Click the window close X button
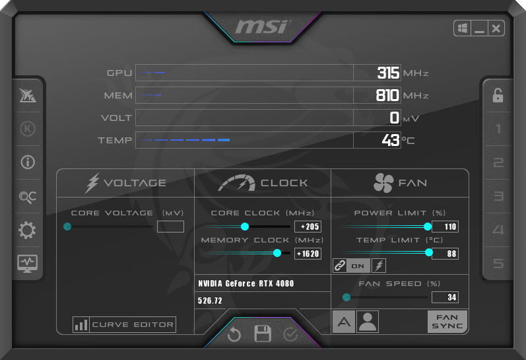[496, 28]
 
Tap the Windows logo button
[463, 28]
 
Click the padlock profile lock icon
[498, 95]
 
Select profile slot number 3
[498, 196]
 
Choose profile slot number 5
[498, 264]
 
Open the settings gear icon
[27, 230]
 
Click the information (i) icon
[28, 162]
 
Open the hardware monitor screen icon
[28, 264]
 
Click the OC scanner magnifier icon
[28, 197]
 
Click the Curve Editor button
[124, 324]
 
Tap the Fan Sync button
[447, 322]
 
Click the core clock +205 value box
[308, 227]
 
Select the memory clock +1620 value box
[308, 254]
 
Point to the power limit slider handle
[428, 227]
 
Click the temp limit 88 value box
[445, 254]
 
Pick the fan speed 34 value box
[445, 297]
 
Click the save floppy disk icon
[263, 334]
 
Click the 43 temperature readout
[391, 140]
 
